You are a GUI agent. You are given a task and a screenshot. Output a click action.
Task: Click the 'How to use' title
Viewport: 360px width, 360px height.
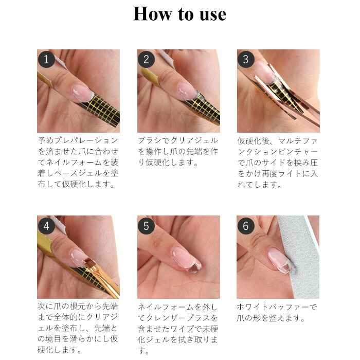pos(180,14)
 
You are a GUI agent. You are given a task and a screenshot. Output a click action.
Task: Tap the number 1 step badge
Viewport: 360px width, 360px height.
pos(46,59)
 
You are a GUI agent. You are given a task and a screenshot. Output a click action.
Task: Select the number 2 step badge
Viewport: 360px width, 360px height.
pos(146,59)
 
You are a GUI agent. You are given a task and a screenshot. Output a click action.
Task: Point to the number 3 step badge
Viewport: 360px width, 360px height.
pos(246,59)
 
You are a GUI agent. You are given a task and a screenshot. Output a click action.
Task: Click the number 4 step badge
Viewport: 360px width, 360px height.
pos(46,226)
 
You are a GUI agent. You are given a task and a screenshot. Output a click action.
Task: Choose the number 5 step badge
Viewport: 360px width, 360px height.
pos(146,226)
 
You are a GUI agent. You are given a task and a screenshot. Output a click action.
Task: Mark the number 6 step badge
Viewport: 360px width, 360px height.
pos(246,226)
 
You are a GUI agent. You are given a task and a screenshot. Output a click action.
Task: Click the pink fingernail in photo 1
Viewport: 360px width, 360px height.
pos(82,93)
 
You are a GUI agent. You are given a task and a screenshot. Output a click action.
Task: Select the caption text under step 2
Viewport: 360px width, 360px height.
pos(178,152)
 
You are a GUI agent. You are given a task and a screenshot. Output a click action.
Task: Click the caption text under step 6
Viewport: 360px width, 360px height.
pos(277,313)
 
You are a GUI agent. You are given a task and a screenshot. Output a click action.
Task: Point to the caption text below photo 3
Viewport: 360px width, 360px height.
pos(278,163)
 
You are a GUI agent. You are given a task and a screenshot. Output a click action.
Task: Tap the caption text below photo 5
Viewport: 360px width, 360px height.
pos(178,329)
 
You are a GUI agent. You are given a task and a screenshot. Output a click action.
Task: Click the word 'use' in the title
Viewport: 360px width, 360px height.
pos(213,15)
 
